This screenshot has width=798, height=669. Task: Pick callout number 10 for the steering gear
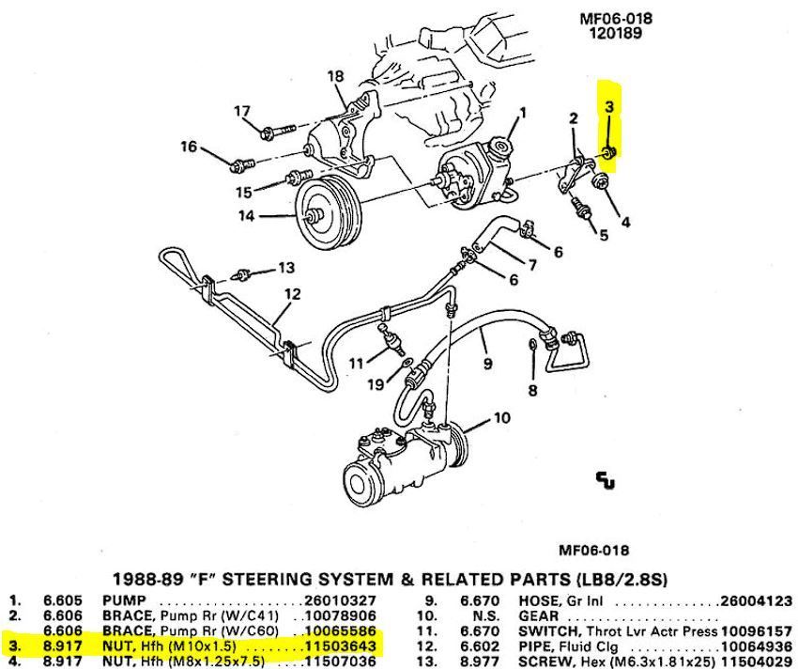pos(501,417)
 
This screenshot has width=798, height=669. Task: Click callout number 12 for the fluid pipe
pos(292,294)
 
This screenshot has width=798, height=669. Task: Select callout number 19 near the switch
pos(375,383)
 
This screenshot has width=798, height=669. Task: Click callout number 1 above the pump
pos(523,113)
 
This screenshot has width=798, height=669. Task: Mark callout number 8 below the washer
pos(532,391)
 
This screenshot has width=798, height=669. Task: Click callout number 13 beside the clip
pos(286,268)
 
